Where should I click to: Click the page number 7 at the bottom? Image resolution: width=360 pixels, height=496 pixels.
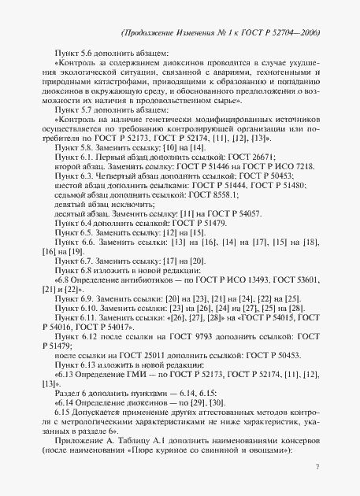click(317, 468)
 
